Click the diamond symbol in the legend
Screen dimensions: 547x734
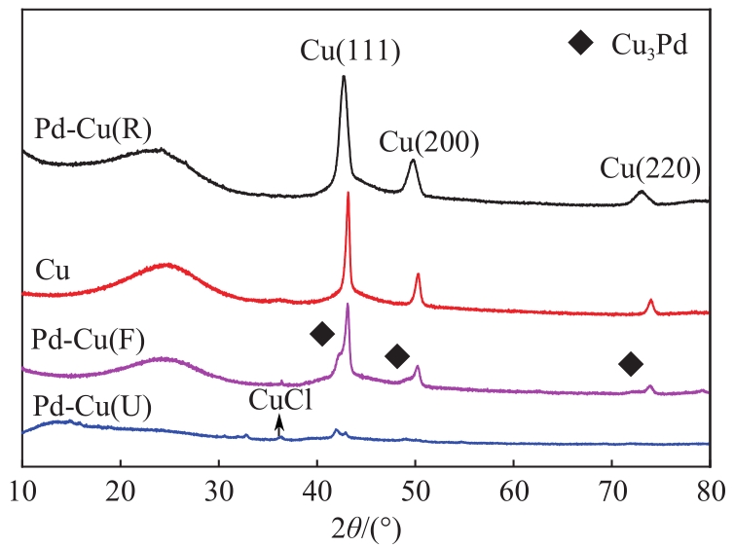tap(581, 44)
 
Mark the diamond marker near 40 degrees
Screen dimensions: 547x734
tap(322, 334)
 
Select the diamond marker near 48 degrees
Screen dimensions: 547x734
tap(396, 356)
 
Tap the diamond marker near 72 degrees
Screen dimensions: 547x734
tap(631, 364)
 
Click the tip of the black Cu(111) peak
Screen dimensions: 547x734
tap(344, 77)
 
